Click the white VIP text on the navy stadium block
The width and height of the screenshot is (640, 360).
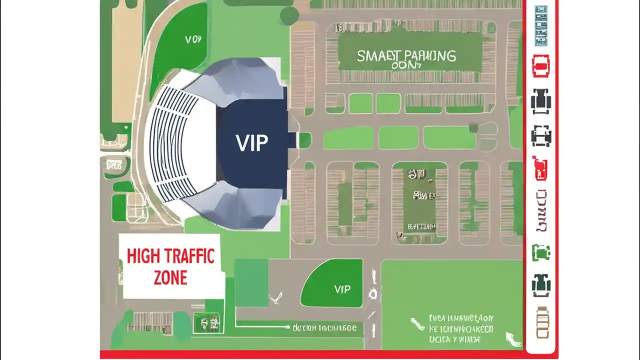(x=251, y=143)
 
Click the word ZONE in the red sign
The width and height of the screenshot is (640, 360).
(x=170, y=278)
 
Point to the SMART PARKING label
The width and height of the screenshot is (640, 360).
(x=406, y=56)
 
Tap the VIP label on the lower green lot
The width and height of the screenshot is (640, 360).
(x=342, y=289)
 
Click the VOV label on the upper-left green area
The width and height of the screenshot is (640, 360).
(x=193, y=39)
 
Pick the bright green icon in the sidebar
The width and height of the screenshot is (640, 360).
(x=540, y=252)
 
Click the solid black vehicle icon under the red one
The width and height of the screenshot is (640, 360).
(x=540, y=101)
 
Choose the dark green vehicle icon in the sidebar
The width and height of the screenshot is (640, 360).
(x=540, y=285)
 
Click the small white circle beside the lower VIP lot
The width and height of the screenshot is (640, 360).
(x=372, y=294)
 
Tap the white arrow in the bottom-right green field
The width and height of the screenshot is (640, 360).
(x=511, y=339)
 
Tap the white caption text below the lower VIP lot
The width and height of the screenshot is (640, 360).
(x=325, y=328)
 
